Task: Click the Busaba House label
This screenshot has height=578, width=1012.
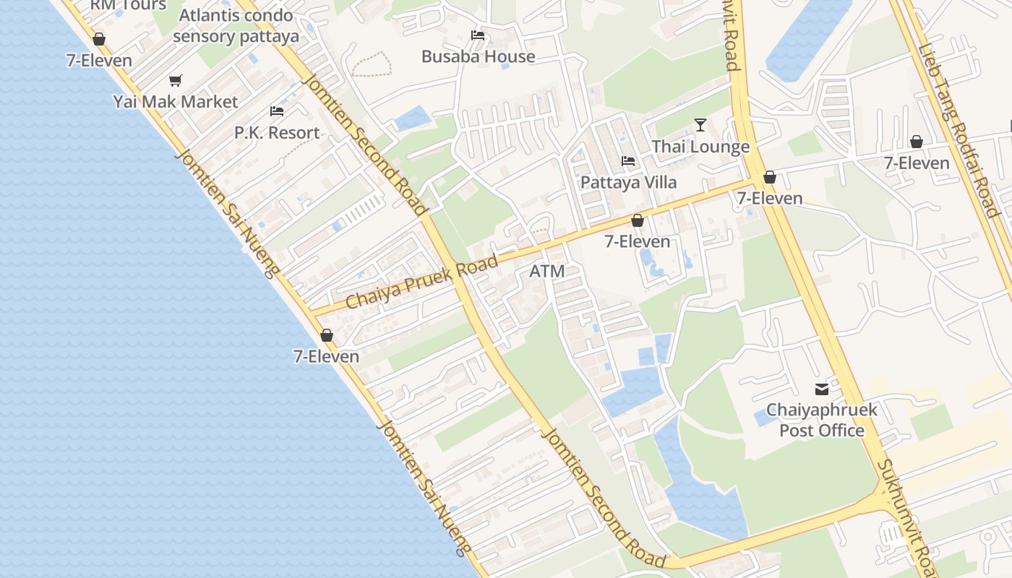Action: [x=478, y=56]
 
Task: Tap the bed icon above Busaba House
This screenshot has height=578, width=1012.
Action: [x=477, y=35]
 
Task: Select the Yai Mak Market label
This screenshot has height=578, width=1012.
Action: [x=175, y=102]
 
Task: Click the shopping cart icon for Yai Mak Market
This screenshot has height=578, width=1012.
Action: [x=175, y=80]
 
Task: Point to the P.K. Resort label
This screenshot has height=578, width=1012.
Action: [x=277, y=133]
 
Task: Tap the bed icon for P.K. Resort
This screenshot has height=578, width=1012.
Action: [x=277, y=111]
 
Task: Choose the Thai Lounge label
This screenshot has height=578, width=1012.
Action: [x=700, y=147]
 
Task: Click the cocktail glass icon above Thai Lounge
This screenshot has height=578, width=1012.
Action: [x=700, y=125]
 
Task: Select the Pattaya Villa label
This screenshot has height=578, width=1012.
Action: [x=628, y=182]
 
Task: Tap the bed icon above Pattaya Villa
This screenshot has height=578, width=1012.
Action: [x=628, y=160]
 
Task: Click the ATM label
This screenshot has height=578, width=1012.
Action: [x=546, y=272]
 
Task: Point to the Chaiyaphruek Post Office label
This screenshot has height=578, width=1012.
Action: [x=822, y=420]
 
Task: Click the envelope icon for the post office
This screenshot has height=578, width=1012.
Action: [x=822, y=389]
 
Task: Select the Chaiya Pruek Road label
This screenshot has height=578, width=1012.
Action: [x=422, y=282]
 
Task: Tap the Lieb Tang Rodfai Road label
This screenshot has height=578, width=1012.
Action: [x=958, y=130]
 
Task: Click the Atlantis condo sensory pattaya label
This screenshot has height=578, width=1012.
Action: [x=236, y=26]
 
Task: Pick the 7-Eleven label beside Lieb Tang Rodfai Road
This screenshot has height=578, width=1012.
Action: [x=917, y=163]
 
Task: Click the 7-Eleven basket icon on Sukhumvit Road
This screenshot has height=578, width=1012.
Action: [x=770, y=177]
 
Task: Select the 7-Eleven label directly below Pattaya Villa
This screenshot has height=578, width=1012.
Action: [x=637, y=242]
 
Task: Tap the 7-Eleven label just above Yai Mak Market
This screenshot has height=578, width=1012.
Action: [x=99, y=61]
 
